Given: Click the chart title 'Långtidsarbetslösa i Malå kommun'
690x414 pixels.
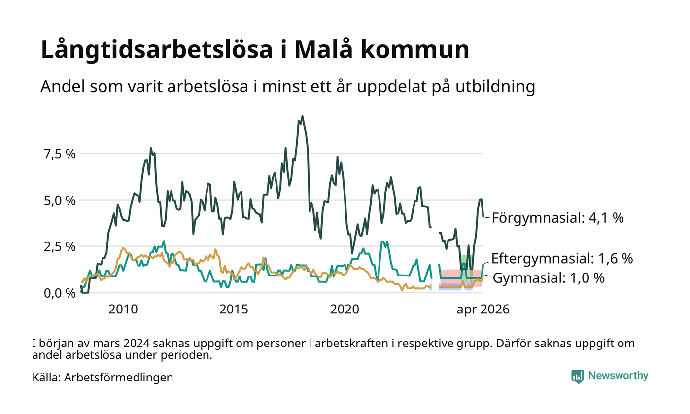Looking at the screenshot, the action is [255, 49].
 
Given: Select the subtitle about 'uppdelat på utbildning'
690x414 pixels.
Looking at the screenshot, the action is [288, 87].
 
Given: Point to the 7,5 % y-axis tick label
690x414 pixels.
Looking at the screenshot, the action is [60, 154].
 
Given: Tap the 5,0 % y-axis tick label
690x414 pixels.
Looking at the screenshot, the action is [60, 201].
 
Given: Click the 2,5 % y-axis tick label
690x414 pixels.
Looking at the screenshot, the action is [60, 247].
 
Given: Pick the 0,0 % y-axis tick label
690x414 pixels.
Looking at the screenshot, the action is [60, 293].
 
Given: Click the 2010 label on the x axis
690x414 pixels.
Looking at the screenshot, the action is [123, 310].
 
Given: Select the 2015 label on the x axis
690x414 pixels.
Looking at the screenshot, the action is [234, 310].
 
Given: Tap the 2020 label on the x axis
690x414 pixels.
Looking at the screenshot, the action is [345, 310].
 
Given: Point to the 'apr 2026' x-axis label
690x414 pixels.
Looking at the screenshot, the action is [483, 310].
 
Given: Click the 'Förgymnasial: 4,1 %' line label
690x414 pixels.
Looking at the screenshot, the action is [558, 218].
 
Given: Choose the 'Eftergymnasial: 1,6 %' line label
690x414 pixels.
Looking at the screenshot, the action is [562, 258].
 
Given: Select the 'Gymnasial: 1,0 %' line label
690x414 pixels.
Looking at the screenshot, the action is [549, 278].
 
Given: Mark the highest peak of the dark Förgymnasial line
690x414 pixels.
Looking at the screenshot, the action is [302, 116].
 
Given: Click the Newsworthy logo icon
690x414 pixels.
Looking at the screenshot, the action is [578, 377].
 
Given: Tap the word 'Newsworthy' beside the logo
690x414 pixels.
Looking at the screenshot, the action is [618, 376].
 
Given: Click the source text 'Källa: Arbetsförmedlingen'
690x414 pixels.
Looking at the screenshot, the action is [103, 378].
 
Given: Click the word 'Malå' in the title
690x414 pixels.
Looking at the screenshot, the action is [323, 49].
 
